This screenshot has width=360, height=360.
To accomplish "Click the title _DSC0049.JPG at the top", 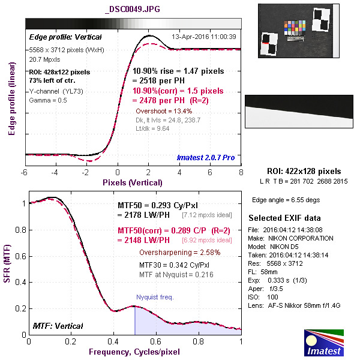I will pyautogui.click(x=132, y=10).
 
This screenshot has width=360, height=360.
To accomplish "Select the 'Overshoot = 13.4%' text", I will pyautogui.click(x=164, y=111).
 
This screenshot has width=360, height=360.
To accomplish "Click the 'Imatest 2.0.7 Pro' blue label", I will pyautogui.click(x=206, y=158).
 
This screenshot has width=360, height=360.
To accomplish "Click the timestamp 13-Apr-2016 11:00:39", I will pyautogui.click(x=203, y=37).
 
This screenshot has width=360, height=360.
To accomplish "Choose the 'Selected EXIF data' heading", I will pyautogui.click(x=284, y=218).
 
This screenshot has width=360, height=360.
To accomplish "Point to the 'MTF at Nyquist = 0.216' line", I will pyautogui.click(x=177, y=274).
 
